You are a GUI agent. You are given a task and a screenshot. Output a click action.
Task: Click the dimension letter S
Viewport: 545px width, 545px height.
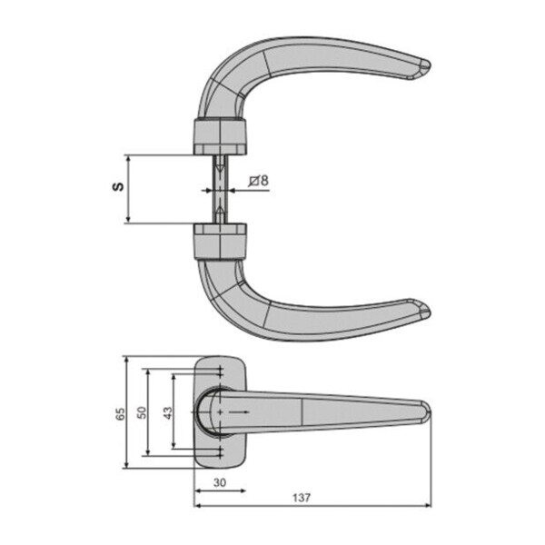click(116, 188)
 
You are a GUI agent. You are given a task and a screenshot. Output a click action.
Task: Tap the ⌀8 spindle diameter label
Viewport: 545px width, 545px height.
click(258, 180)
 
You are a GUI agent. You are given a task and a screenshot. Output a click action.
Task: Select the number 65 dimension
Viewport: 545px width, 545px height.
click(118, 413)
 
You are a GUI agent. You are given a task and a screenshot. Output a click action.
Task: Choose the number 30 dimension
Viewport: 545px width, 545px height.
click(218, 483)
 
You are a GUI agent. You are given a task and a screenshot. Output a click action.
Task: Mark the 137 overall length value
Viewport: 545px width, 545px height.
click(302, 498)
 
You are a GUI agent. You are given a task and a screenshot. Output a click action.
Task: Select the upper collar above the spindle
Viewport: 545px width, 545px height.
click(220, 134)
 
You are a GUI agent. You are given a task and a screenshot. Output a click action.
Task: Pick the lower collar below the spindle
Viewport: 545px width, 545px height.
click(220, 242)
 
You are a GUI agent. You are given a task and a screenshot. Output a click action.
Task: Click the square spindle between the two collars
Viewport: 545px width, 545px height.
click(220, 188)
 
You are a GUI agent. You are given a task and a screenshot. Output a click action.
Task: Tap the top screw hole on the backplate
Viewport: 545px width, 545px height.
click(220, 372)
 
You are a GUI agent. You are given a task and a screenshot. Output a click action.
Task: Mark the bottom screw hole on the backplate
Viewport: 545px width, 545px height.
click(220, 451)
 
